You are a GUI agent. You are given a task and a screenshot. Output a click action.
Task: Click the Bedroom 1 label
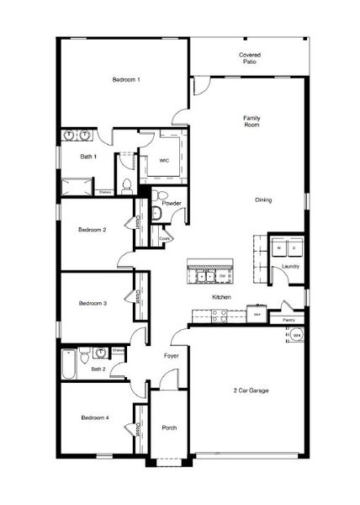[126, 79]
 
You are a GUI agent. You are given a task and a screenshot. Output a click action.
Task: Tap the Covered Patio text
[250, 58]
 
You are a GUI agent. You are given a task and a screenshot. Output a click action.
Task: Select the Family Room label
[250, 121]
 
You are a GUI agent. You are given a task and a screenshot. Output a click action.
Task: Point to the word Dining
[263, 200]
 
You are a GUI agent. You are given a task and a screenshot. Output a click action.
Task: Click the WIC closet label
[165, 160]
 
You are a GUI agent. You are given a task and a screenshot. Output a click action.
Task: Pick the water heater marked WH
[296, 336]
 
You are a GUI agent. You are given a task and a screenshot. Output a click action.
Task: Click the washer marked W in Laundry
[278, 248]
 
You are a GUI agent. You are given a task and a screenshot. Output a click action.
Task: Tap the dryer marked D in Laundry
[294, 248]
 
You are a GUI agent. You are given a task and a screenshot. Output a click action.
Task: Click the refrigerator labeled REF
[257, 315]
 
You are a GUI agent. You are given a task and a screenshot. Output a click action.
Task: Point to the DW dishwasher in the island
[222, 275]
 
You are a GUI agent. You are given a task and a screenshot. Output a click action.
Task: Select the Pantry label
[289, 320]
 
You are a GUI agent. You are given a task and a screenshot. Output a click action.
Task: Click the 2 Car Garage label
[251, 391]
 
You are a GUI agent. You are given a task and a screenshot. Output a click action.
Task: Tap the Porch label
[169, 428]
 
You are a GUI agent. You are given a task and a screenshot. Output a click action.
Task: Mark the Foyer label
[171, 356]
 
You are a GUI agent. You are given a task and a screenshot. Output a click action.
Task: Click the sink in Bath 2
[101, 352]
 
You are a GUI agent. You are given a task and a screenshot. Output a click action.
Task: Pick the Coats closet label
[165, 238]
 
